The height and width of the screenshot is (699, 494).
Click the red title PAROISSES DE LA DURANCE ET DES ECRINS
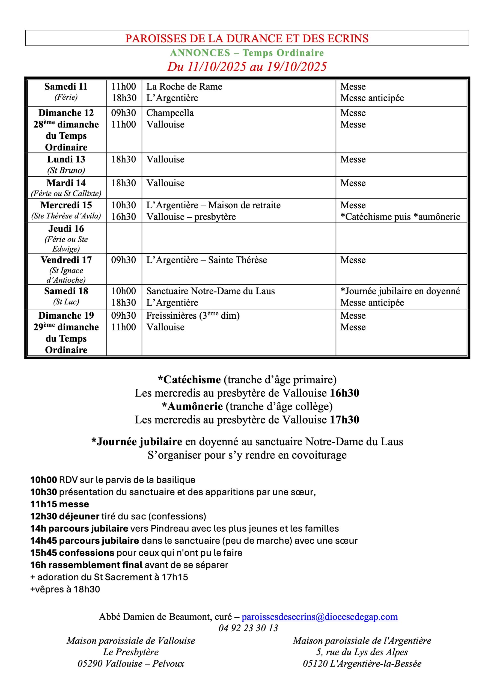point(247,38)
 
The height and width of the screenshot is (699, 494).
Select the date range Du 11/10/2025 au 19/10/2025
point(247,67)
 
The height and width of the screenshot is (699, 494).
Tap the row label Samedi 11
point(66,87)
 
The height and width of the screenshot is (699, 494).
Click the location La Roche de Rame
point(184,87)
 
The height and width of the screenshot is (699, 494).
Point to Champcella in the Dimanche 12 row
point(170,113)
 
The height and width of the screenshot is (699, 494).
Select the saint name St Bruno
point(66,170)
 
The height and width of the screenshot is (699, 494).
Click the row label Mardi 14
point(66,183)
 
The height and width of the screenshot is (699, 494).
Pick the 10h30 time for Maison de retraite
point(124,205)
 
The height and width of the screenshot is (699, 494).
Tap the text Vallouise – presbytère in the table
point(191,217)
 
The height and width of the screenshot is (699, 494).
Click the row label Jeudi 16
point(66,229)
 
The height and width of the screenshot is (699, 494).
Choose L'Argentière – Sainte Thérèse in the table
point(206,260)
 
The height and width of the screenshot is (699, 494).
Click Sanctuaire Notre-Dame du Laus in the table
point(210,291)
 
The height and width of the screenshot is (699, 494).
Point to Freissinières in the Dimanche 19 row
point(172,316)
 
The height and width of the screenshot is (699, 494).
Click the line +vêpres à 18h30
point(65,590)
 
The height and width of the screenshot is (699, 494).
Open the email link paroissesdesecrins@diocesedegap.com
point(320,617)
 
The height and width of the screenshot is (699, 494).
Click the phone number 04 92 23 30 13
point(248,628)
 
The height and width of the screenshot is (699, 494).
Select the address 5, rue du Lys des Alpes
point(362,652)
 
